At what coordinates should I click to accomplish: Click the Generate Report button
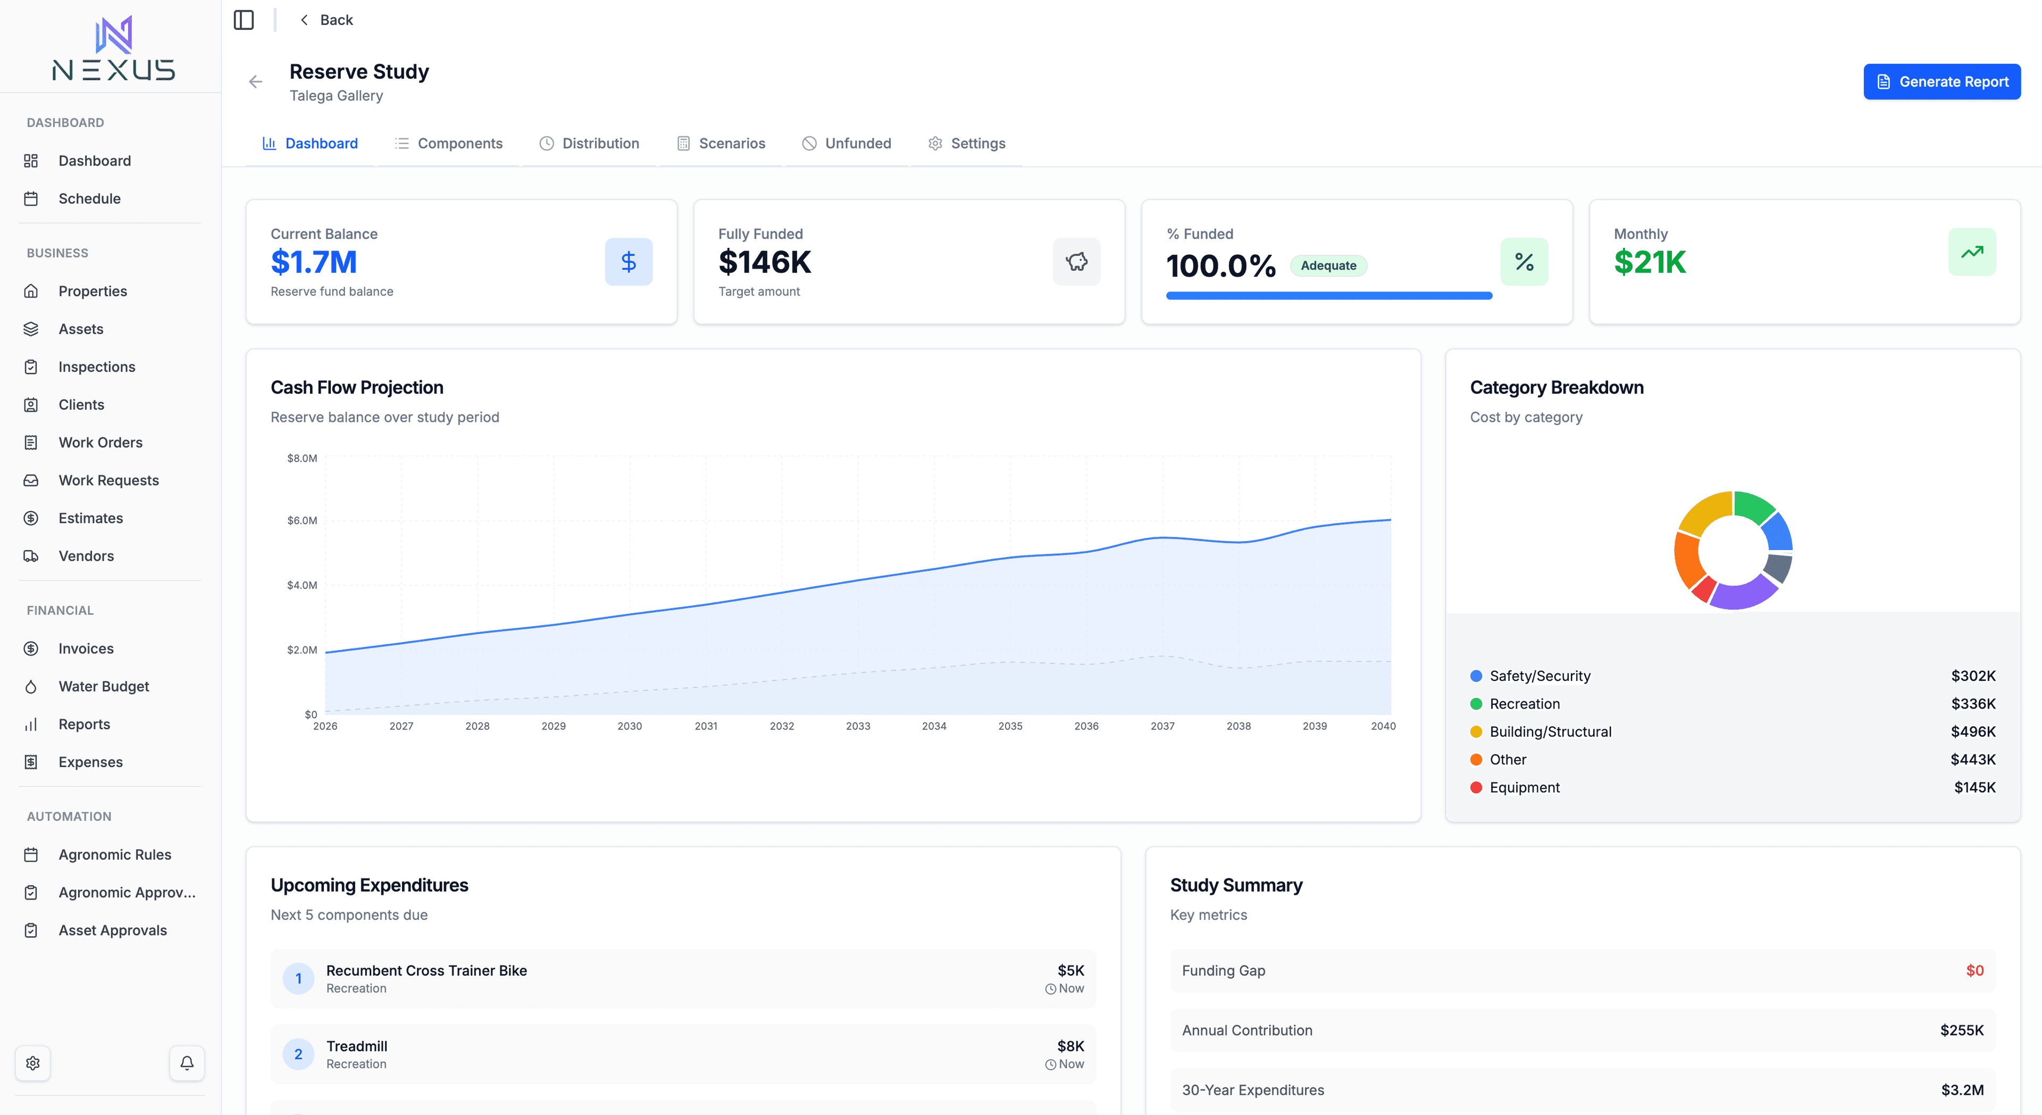1941,82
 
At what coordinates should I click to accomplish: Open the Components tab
449,144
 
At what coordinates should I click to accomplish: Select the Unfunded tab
847,144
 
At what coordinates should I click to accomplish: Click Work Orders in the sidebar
100,443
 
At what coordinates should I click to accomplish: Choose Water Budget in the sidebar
103,687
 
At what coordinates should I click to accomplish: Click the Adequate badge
1328,265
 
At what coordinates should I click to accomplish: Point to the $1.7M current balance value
314,262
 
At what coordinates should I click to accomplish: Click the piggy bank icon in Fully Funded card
1076,262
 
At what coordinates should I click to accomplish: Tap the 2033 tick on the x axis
858,727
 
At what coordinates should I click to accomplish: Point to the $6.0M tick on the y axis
302,521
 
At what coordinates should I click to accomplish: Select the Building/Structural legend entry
1550,732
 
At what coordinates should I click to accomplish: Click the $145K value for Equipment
1974,787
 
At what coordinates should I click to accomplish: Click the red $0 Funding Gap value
1974,971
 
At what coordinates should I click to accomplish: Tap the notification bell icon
187,1063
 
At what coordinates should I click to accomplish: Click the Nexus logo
113,49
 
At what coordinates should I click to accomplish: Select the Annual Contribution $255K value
1961,1030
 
